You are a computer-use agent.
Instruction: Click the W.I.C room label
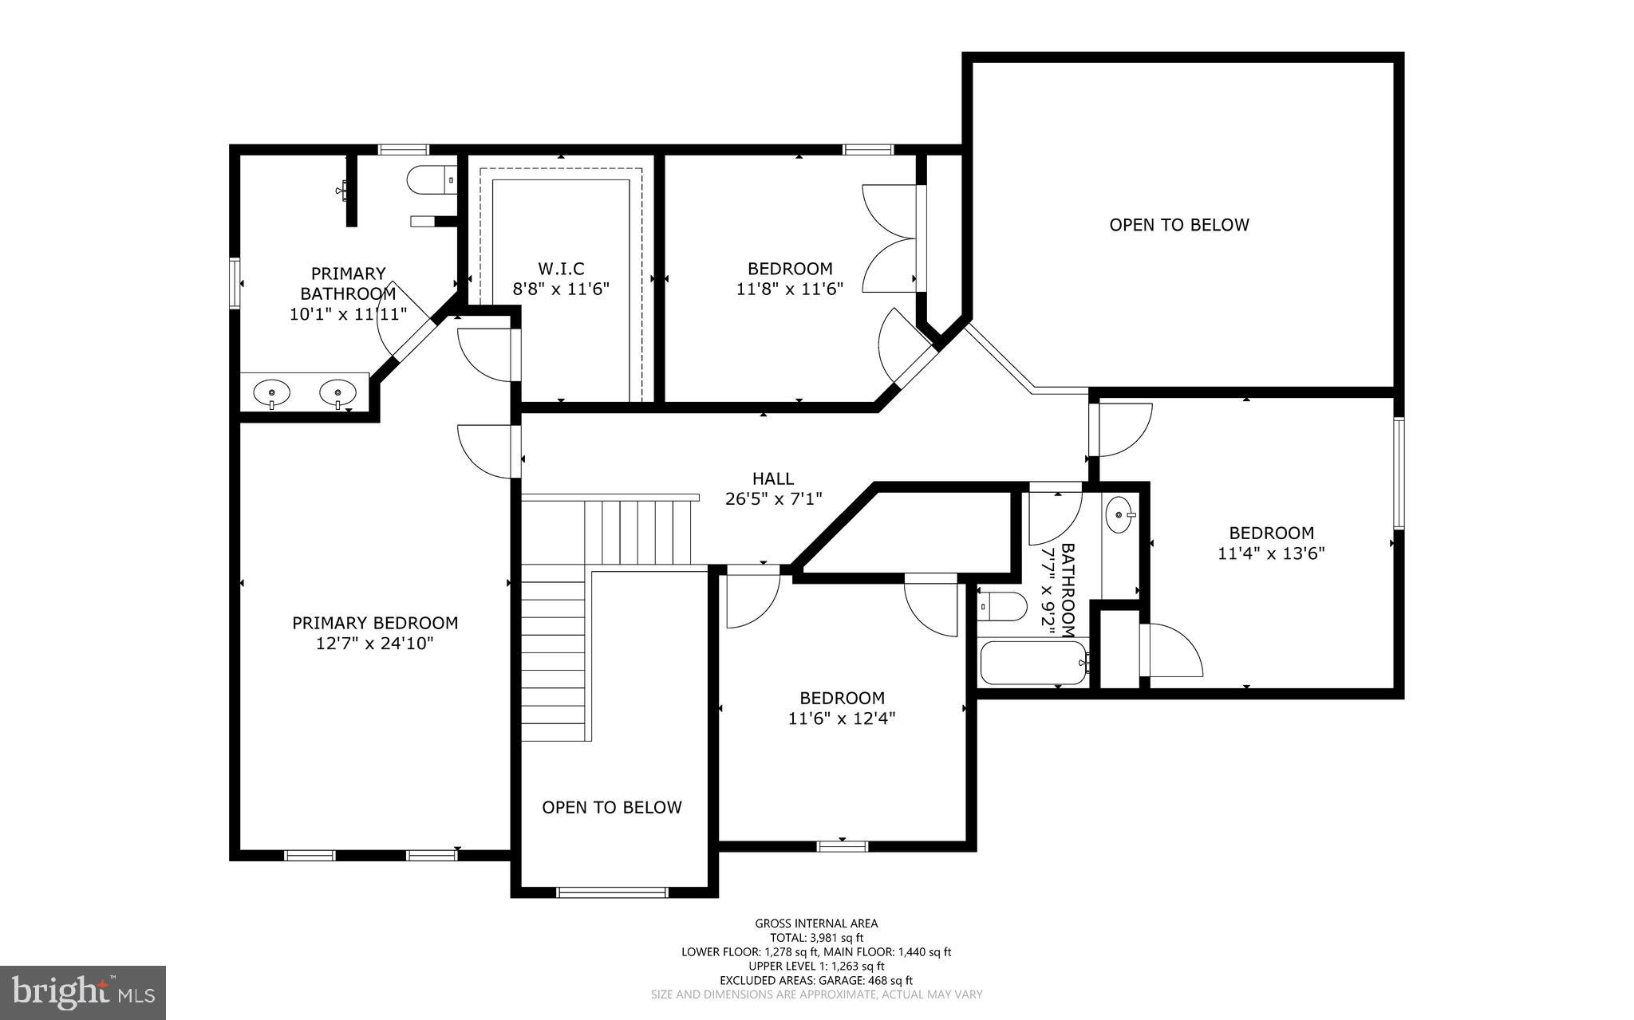pyautogui.click(x=560, y=269)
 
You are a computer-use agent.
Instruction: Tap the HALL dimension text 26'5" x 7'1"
pyautogui.click(x=773, y=499)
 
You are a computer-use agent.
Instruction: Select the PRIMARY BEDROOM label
pyautogui.click(x=375, y=623)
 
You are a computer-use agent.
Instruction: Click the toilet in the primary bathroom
pyautogui.click(x=429, y=180)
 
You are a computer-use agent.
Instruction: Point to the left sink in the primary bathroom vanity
pyautogui.click(x=272, y=392)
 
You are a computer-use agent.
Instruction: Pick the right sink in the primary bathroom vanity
pyautogui.click(x=337, y=392)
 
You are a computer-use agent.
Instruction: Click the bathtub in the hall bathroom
pyautogui.click(x=1032, y=662)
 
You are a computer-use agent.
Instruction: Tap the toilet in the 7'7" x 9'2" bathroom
pyautogui.click(x=1002, y=606)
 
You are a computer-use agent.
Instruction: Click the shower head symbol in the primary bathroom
pyautogui.click(x=343, y=189)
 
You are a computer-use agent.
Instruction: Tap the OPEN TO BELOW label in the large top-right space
pyautogui.click(x=1178, y=225)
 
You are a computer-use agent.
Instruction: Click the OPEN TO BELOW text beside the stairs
pyautogui.click(x=612, y=807)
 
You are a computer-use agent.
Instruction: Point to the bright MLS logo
pyautogui.click(x=82, y=992)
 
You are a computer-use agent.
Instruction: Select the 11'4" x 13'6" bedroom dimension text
pyautogui.click(x=1271, y=553)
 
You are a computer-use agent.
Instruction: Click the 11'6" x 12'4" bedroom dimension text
pyautogui.click(x=842, y=719)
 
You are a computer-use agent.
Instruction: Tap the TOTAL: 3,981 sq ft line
pyautogui.click(x=816, y=938)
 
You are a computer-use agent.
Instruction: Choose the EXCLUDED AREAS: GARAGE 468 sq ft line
pyautogui.click(x=816, y=980)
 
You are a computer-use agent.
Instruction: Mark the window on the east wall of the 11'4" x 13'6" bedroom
pyautogui.click(x=1399, y=473)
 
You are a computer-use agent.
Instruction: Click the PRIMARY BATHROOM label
pyautogui.click(x=348, y=283)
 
